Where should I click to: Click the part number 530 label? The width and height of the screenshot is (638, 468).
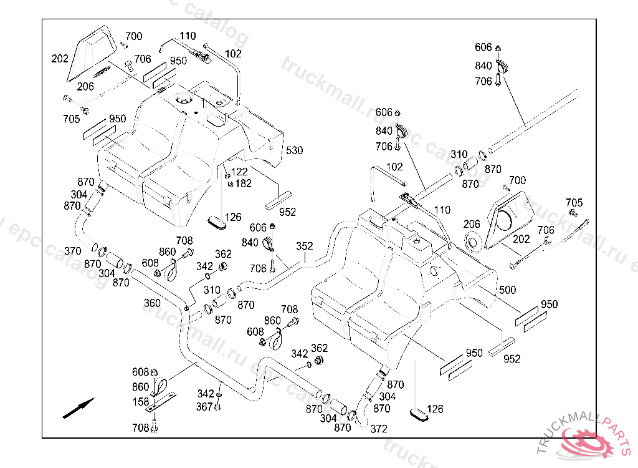point(295,150)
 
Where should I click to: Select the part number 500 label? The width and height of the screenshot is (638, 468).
point(508,290)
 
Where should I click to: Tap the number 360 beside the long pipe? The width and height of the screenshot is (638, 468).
point(152,303)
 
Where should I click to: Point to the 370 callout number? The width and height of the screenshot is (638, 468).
point(73,251)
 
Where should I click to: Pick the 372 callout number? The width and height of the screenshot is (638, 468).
point(379,429)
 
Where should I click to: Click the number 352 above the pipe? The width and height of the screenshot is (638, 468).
point(304,246)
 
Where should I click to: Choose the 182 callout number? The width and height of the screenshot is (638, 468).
point(243,183)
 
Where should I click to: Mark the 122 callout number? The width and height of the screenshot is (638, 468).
point(239,172)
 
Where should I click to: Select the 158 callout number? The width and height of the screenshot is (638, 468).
point(141,402)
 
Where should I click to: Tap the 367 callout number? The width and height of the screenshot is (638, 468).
point(204,407)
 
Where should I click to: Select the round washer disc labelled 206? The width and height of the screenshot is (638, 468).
point(473,240)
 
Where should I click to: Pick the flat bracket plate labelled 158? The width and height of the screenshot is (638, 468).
point(162,403)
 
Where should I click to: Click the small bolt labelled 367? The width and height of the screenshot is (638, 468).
point(218,407)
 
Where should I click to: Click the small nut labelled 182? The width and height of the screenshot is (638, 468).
point(231,183)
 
